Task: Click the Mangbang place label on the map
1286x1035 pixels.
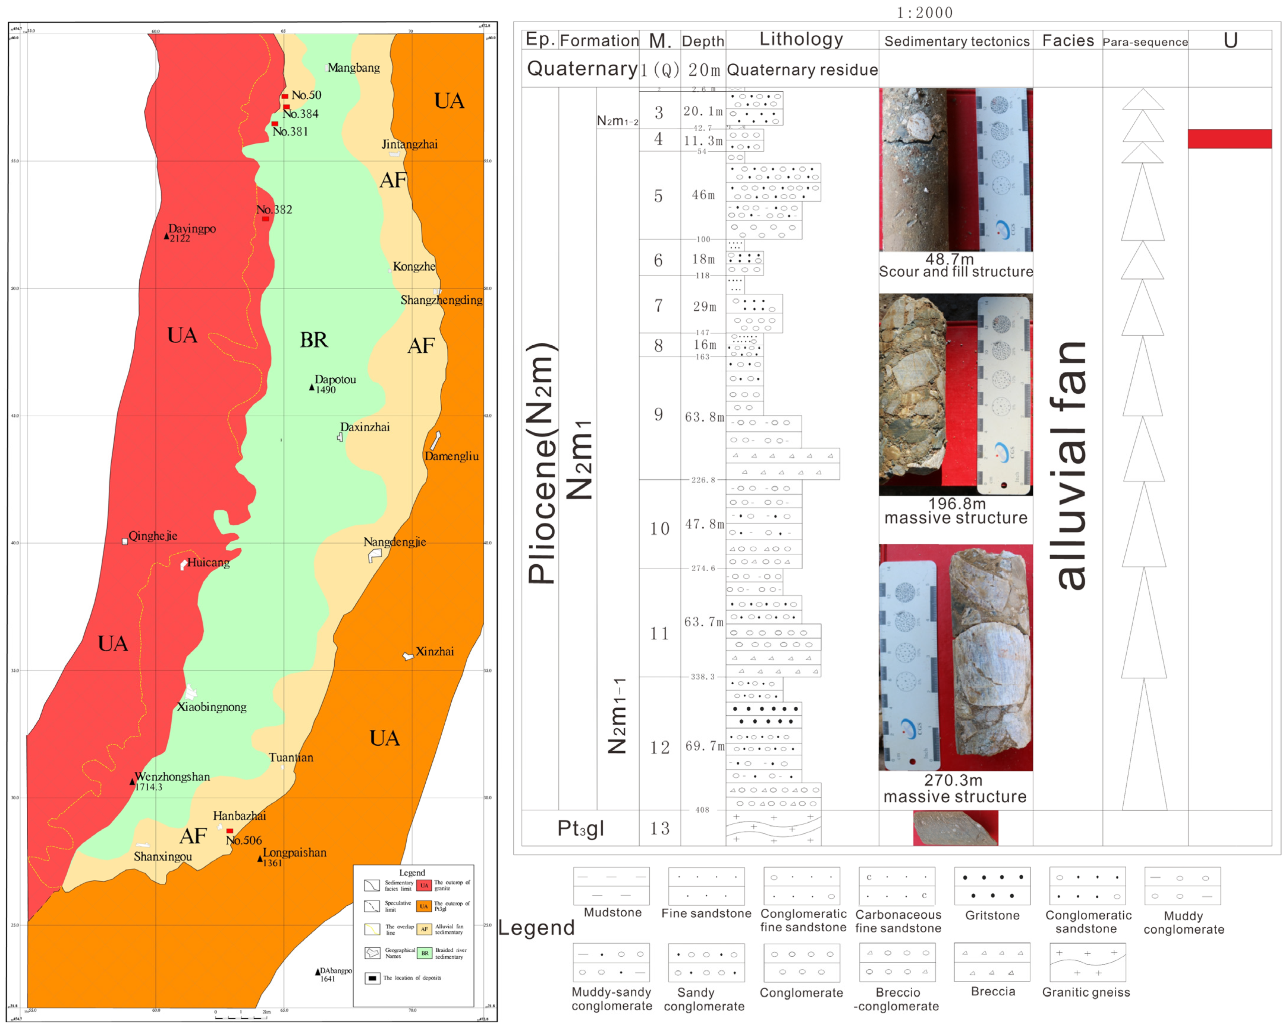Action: tap(354, 67)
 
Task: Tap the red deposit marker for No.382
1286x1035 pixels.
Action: tap(266, 219)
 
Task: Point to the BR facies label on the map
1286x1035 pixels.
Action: tap(314, 340)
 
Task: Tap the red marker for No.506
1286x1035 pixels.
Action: tap(230, 830)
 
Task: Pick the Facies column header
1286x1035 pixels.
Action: tap(1068, 40)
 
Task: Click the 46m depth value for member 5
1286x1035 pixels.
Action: tap(703, 195)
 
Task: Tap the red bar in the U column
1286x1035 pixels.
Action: tap(1229, 139)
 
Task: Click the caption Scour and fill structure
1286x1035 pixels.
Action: tap(955, 272)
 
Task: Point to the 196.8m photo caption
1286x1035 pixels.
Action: tap(956, 504)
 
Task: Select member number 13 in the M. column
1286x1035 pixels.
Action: tap(660, 828)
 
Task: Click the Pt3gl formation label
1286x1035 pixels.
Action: tap(580, 828)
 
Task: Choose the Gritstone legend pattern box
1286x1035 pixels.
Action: tap(993, 886)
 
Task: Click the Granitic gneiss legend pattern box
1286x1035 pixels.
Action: tap(1087, 962)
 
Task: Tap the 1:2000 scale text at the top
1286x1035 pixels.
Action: tap(925, 13)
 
